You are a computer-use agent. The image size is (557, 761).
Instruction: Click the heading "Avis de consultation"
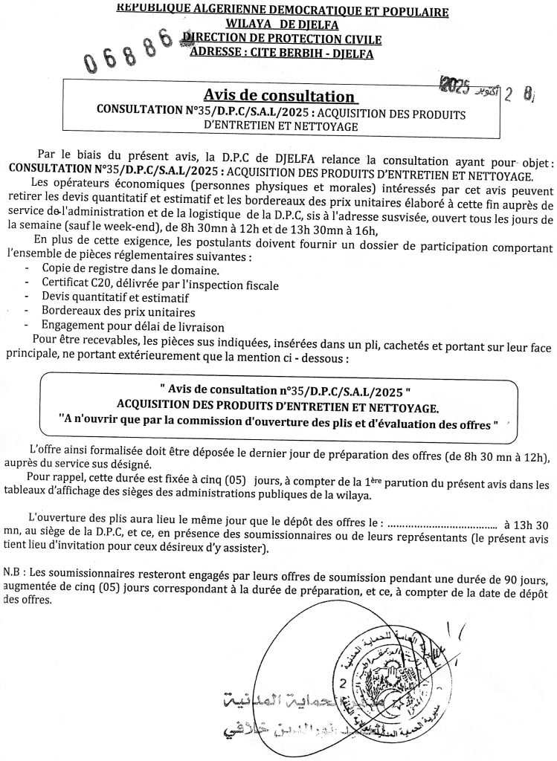point(280,96)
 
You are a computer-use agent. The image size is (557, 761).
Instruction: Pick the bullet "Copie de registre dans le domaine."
point(120,268)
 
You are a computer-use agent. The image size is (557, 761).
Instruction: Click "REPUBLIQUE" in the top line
point(152,10)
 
